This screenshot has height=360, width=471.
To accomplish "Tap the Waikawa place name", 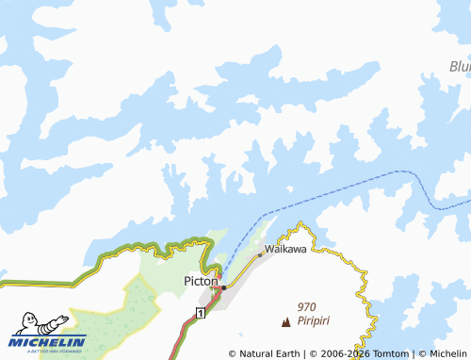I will pos(285,250).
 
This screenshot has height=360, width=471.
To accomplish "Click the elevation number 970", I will pos(306,306).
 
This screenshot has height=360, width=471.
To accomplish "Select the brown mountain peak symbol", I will pos(286,321).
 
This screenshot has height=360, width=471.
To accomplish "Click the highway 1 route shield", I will pos(200,312).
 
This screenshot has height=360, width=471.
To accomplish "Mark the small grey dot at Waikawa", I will pos(260,254).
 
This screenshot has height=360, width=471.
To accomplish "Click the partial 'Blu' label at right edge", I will pos(459,67).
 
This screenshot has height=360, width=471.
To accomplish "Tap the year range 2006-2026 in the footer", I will pos(345,353).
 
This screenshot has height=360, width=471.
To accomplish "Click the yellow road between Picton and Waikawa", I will pos(243,270).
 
